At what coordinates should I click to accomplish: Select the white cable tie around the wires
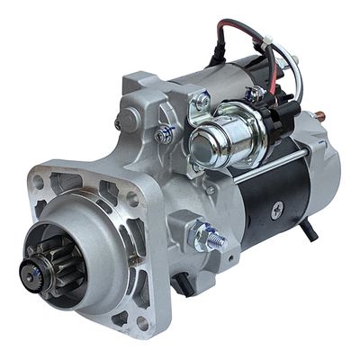click(270, 41)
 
